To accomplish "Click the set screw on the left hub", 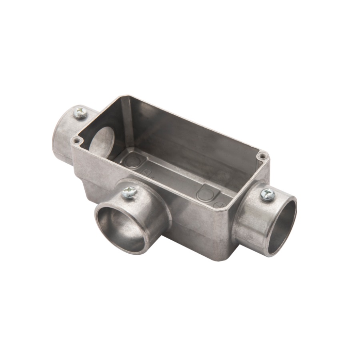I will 80,113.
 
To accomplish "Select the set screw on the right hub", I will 267,194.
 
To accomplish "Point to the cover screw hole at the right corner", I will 262,155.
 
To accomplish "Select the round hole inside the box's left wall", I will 103,142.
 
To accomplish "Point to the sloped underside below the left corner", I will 86,188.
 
